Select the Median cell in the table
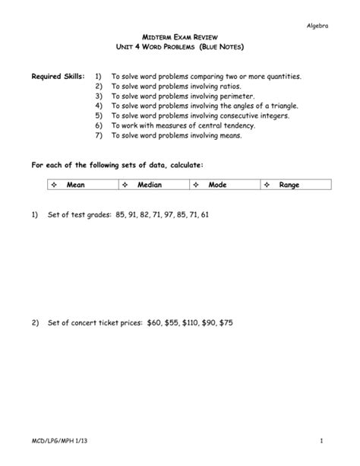coord(149,185)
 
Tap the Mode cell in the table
coord(219,185)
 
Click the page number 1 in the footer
coord(322,441)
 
